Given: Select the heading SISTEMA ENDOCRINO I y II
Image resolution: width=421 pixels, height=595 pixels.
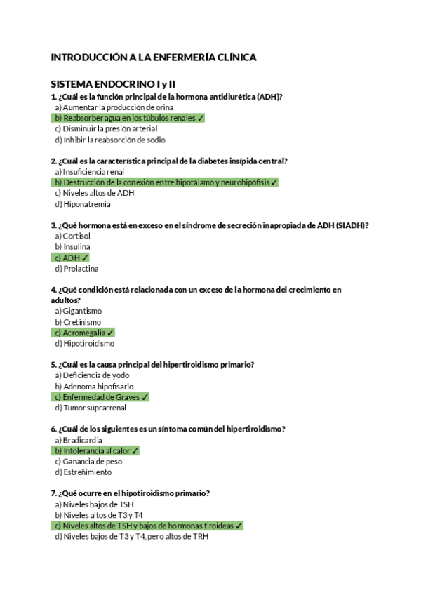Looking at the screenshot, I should [x=113, y=84].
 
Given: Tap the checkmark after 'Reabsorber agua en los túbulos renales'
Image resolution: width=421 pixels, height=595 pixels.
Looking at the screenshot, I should [x=201, y=119].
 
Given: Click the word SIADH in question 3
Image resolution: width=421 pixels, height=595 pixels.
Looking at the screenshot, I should [x=349, y=225].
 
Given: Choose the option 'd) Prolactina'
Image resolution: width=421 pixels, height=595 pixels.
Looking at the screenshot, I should [x=76, y=268].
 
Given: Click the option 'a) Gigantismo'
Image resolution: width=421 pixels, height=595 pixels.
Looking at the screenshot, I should [x=78, y=311].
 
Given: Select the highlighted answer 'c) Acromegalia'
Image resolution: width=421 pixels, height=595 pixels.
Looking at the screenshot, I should [x=84, y=333].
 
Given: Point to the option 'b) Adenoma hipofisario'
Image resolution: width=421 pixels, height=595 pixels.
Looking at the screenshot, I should [x=92, y=386].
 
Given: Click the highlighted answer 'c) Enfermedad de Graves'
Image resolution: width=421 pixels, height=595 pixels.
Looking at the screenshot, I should [x=101, y=397].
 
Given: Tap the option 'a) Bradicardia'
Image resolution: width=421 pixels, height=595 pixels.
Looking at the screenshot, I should [x=79, y=440].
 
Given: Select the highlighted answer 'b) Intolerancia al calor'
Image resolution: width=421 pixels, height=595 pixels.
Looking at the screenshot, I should [x=97, y=450].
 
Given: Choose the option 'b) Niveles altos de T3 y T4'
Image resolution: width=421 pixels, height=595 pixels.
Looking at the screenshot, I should [x=98, y=515].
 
